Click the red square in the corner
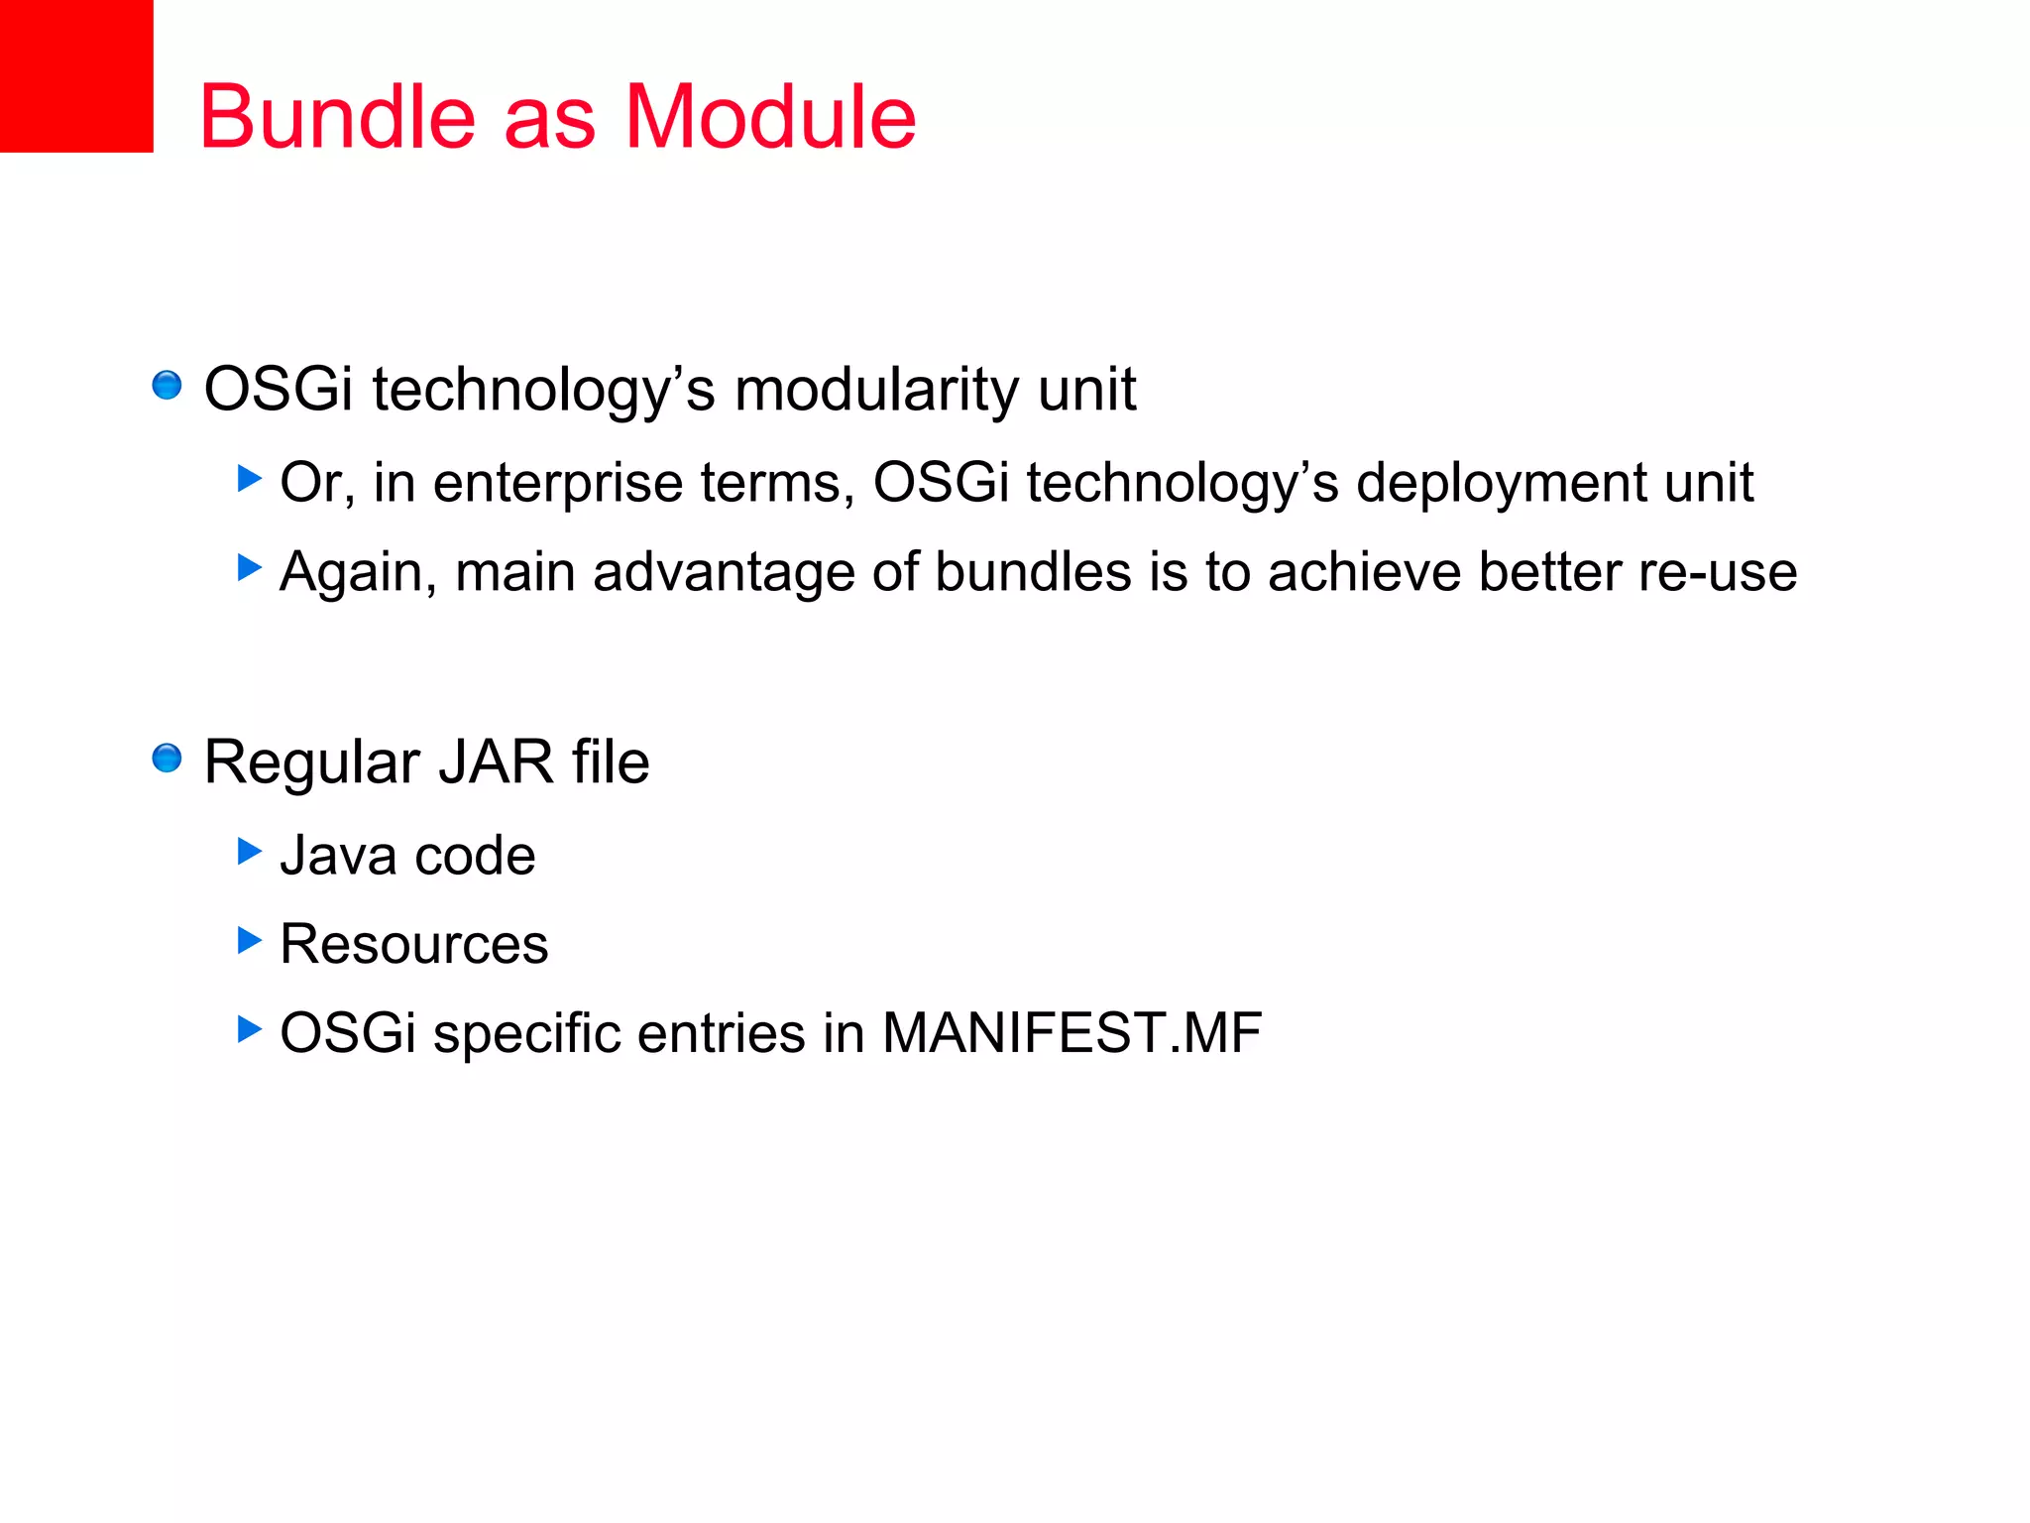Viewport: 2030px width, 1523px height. point(76,75)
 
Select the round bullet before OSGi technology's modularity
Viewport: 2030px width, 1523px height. point(167,385)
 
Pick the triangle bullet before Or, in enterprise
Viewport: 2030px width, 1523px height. point(250,479)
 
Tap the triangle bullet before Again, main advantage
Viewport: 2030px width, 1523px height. point(250,568)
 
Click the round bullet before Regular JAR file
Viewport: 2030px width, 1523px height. point(167,759)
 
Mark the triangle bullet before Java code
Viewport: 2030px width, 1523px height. point(250,851)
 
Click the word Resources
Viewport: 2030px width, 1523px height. point(413,944)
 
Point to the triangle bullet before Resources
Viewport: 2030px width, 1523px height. point(250,940)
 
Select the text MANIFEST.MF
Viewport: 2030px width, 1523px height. point(1071,1033)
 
